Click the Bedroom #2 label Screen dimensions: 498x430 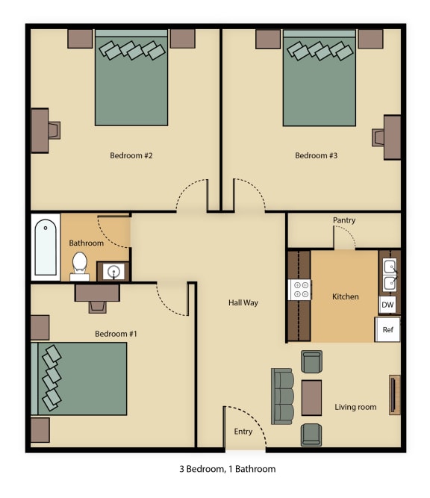(131, 156)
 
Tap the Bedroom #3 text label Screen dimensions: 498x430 (316, 156)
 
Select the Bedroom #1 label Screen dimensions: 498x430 (116, 334)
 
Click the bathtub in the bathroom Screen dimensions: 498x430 (46, 246)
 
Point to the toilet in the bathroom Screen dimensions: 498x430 (80, 264)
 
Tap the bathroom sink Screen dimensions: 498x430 (113, 272)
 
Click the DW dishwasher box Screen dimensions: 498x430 (387, 305)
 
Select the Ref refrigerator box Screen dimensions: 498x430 (387, 329)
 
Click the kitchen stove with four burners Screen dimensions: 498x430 (299, 289)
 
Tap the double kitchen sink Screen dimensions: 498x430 (390, 274)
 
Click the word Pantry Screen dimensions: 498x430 (344, 220)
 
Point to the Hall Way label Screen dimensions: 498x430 (243, 302)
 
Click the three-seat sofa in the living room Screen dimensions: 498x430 (283, 396)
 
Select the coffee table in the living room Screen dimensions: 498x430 (311, 397)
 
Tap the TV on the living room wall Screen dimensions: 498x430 (394, 395)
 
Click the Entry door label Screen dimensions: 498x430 (243, 432)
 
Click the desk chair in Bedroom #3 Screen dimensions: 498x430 (378, 137)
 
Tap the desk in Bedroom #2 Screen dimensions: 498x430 (39, 131)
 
